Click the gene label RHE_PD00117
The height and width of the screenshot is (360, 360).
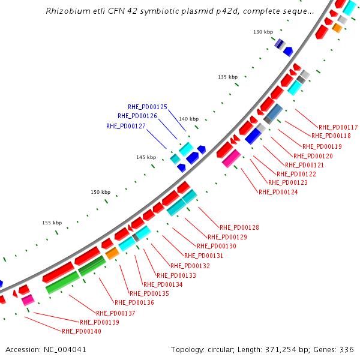[338, 127]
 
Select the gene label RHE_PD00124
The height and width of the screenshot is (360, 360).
[278, 192]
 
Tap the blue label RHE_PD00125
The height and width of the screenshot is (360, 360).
[148, 107]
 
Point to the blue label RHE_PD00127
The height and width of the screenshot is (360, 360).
[126, 126]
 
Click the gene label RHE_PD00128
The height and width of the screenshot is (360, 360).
[239, 227]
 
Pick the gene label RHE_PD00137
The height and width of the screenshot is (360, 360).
[116, 313]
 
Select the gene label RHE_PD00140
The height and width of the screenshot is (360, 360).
[82, 331]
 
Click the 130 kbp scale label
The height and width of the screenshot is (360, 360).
[263, 32]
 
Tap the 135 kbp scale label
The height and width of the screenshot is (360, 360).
[227, 77]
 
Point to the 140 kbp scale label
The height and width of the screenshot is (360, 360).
[188, 119]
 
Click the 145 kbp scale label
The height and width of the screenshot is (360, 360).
[146, 157]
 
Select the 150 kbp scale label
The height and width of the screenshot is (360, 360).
[100, 192]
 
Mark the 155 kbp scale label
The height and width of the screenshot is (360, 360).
[52, 223]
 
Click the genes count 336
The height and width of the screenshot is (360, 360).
[347, 349]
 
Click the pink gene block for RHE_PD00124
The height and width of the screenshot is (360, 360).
[231, 158]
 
